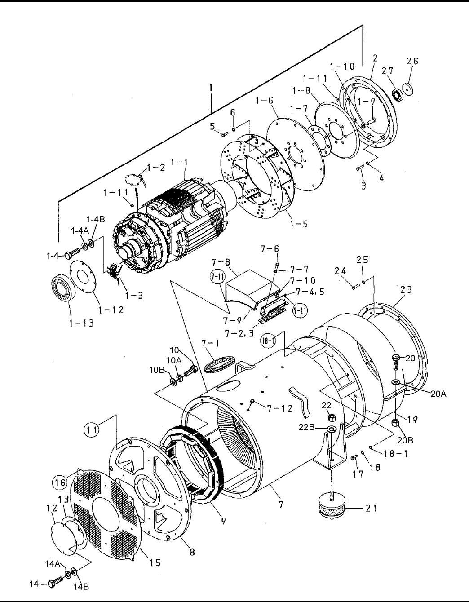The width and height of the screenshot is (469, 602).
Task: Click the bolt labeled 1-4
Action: point(71,254)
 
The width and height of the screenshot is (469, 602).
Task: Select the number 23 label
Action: point(406,290)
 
